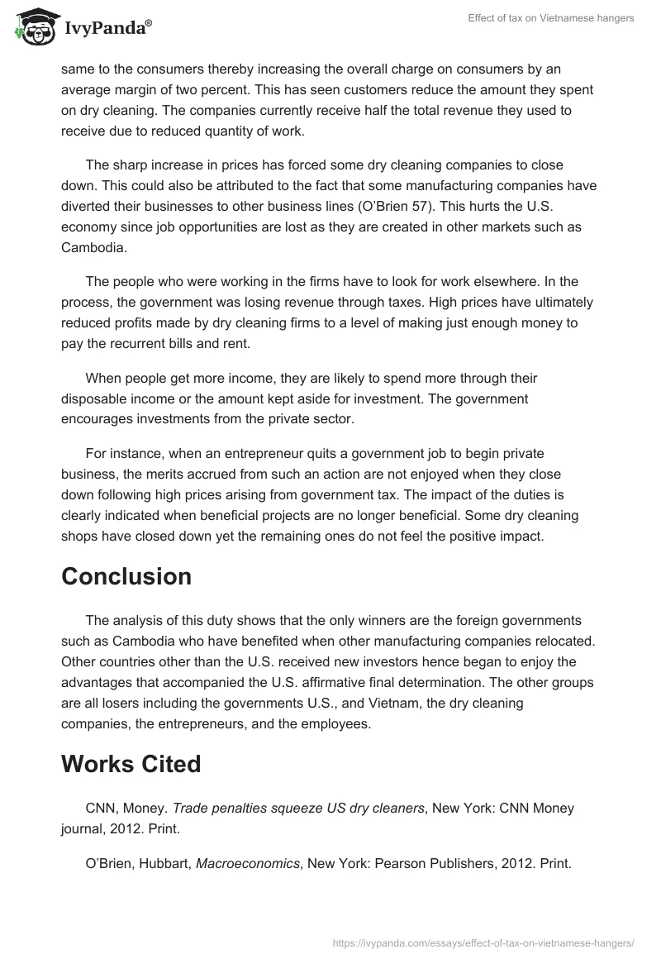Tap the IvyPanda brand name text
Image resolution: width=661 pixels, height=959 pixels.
(x=107, y=30)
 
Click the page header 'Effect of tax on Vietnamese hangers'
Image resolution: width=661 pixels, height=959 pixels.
(x=551, y=18)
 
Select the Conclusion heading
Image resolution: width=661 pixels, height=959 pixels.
(x=126, y=576)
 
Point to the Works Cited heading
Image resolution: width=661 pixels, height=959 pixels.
(x=131, y=764)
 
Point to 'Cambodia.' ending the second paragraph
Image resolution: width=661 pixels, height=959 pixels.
(x=93, y=246)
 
